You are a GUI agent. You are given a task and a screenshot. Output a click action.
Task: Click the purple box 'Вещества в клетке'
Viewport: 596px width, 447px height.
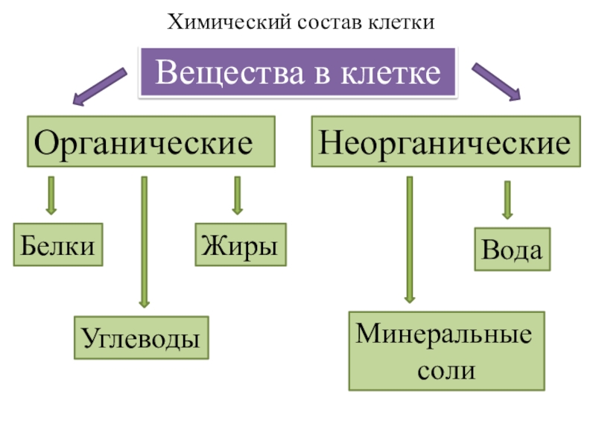tap(297, 72)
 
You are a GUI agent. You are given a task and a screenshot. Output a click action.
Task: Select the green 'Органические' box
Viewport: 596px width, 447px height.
tap(151, 141)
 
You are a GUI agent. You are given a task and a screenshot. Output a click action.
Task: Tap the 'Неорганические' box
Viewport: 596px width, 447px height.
tap(446, 141)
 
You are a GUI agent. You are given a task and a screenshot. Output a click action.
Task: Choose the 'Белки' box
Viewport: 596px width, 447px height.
tap(58, 244)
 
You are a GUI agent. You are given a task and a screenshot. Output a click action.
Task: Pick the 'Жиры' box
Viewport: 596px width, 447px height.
tap(241, 244)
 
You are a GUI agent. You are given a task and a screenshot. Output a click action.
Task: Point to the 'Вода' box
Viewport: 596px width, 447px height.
tap(513, 249)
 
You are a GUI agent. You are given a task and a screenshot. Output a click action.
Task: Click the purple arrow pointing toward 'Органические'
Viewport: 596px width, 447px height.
tap(99, 86)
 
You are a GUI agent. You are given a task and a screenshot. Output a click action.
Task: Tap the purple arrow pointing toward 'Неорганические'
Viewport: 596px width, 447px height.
tap(496, 81)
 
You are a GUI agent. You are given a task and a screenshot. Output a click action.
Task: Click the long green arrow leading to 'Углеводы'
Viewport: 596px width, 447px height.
tap(144, 241)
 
